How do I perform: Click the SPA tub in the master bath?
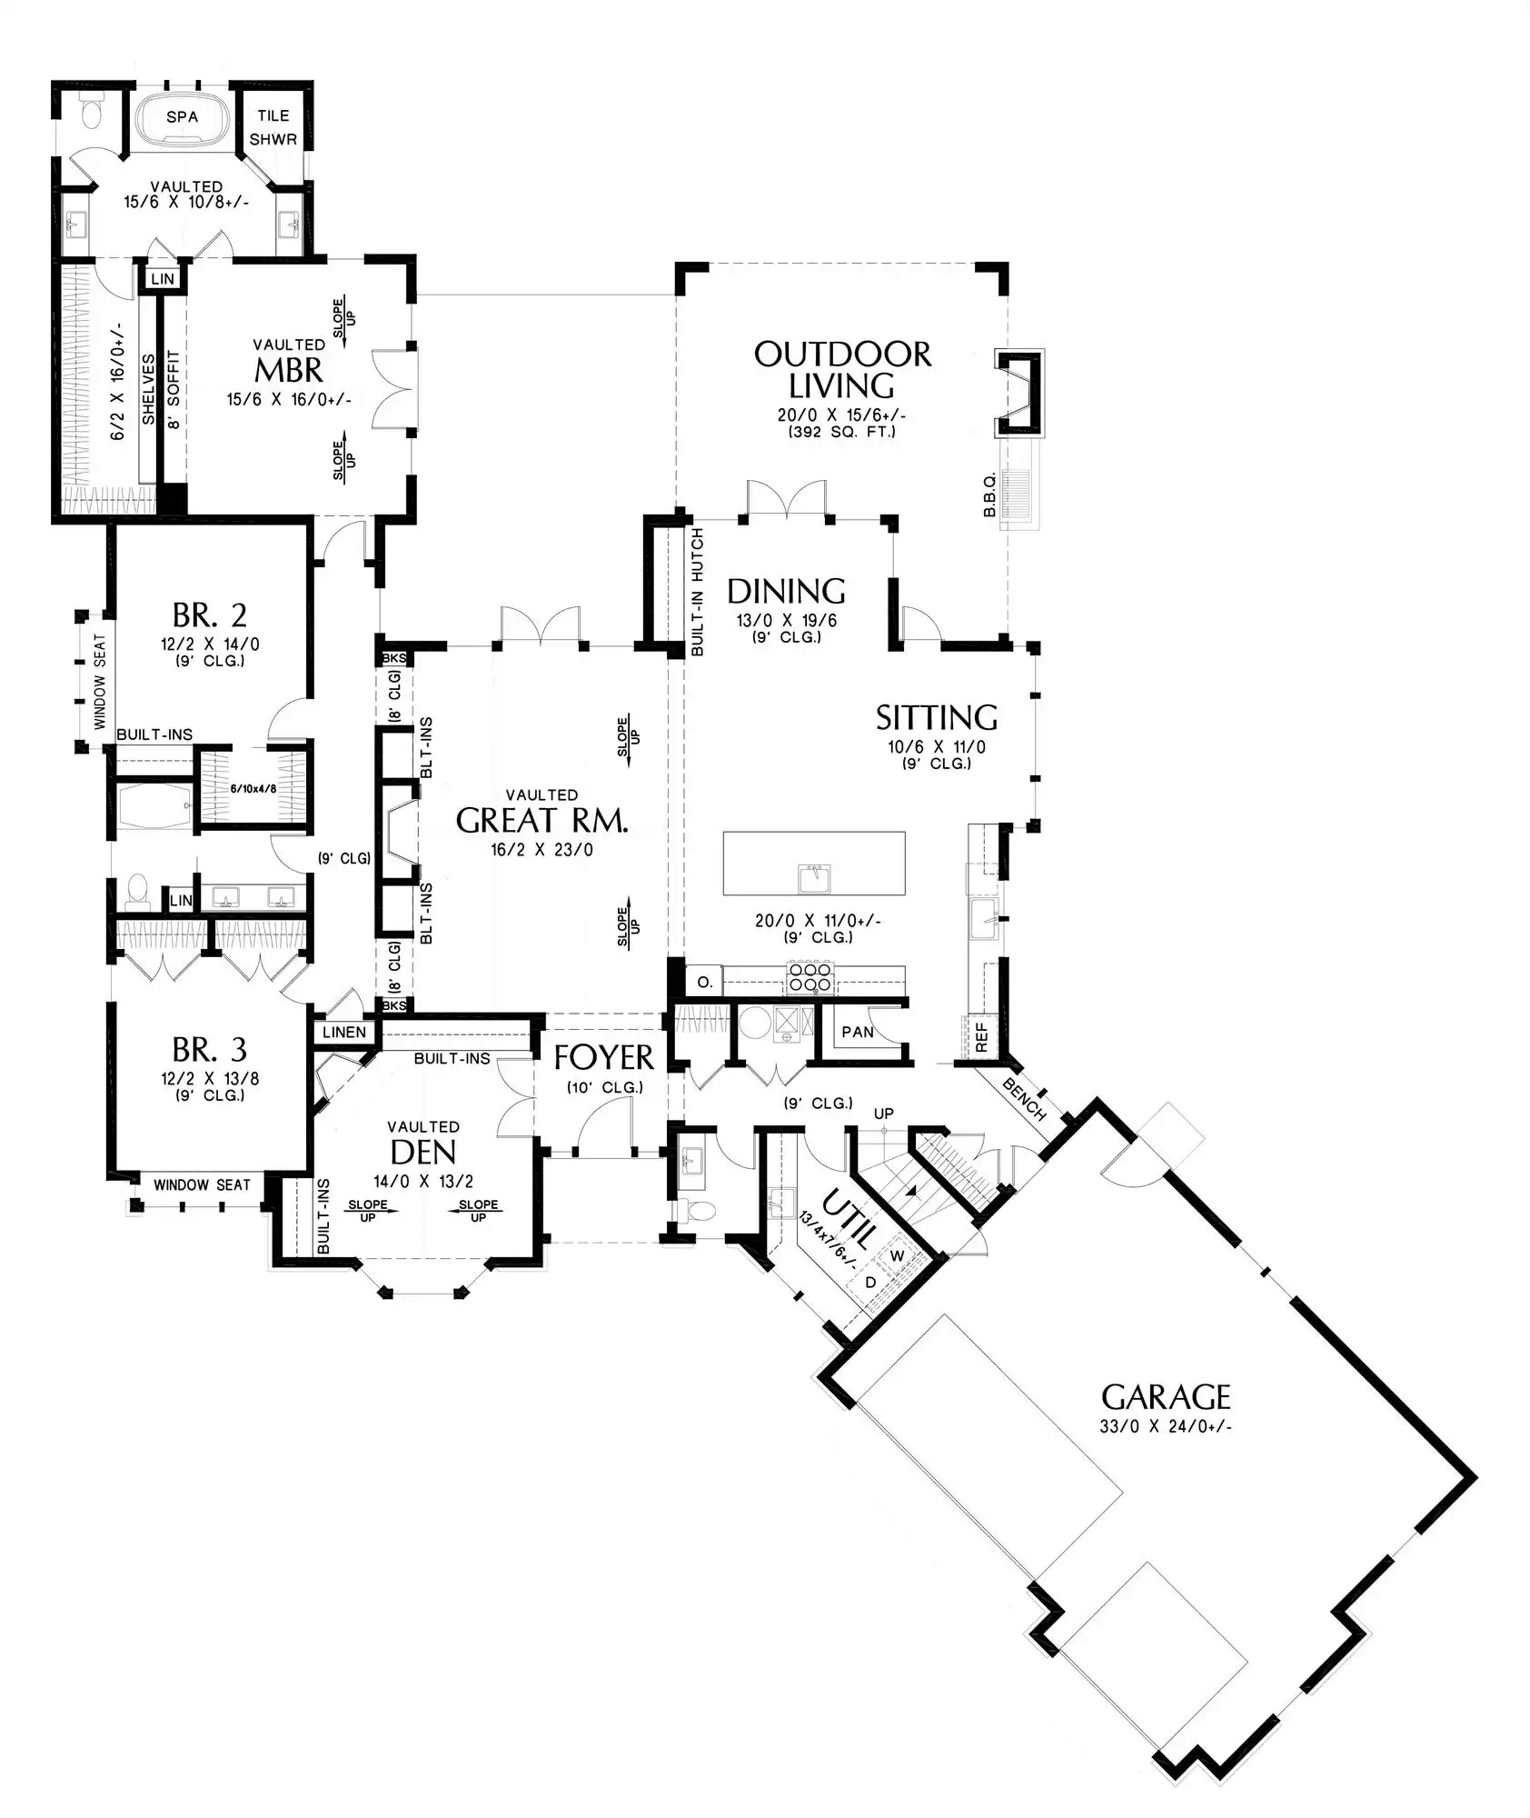click(182, 116)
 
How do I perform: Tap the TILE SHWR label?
click(273, 127)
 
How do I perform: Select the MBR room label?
click(289, 370)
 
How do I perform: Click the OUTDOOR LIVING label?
click(842, 370)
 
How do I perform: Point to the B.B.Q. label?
click(990, 494)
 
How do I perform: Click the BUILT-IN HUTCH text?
click(697, 592)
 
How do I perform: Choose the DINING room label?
click(786, 592)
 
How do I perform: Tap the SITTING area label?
click(937, 718)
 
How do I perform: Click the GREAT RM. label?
click(541, 821)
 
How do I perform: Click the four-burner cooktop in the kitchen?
click(810, 978)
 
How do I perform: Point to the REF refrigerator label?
click(981, 1037)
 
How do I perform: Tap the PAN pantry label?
click(858, 1032)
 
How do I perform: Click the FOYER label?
click(603, 1057)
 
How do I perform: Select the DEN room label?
click(422, 1153)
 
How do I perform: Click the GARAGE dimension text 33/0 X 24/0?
click(1166, 1426)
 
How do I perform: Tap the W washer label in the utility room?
click(898, 1256)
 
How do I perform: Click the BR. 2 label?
click(210, 615)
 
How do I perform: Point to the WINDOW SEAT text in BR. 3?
click(202, 1185)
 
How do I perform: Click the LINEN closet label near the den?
click(344, 1033)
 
